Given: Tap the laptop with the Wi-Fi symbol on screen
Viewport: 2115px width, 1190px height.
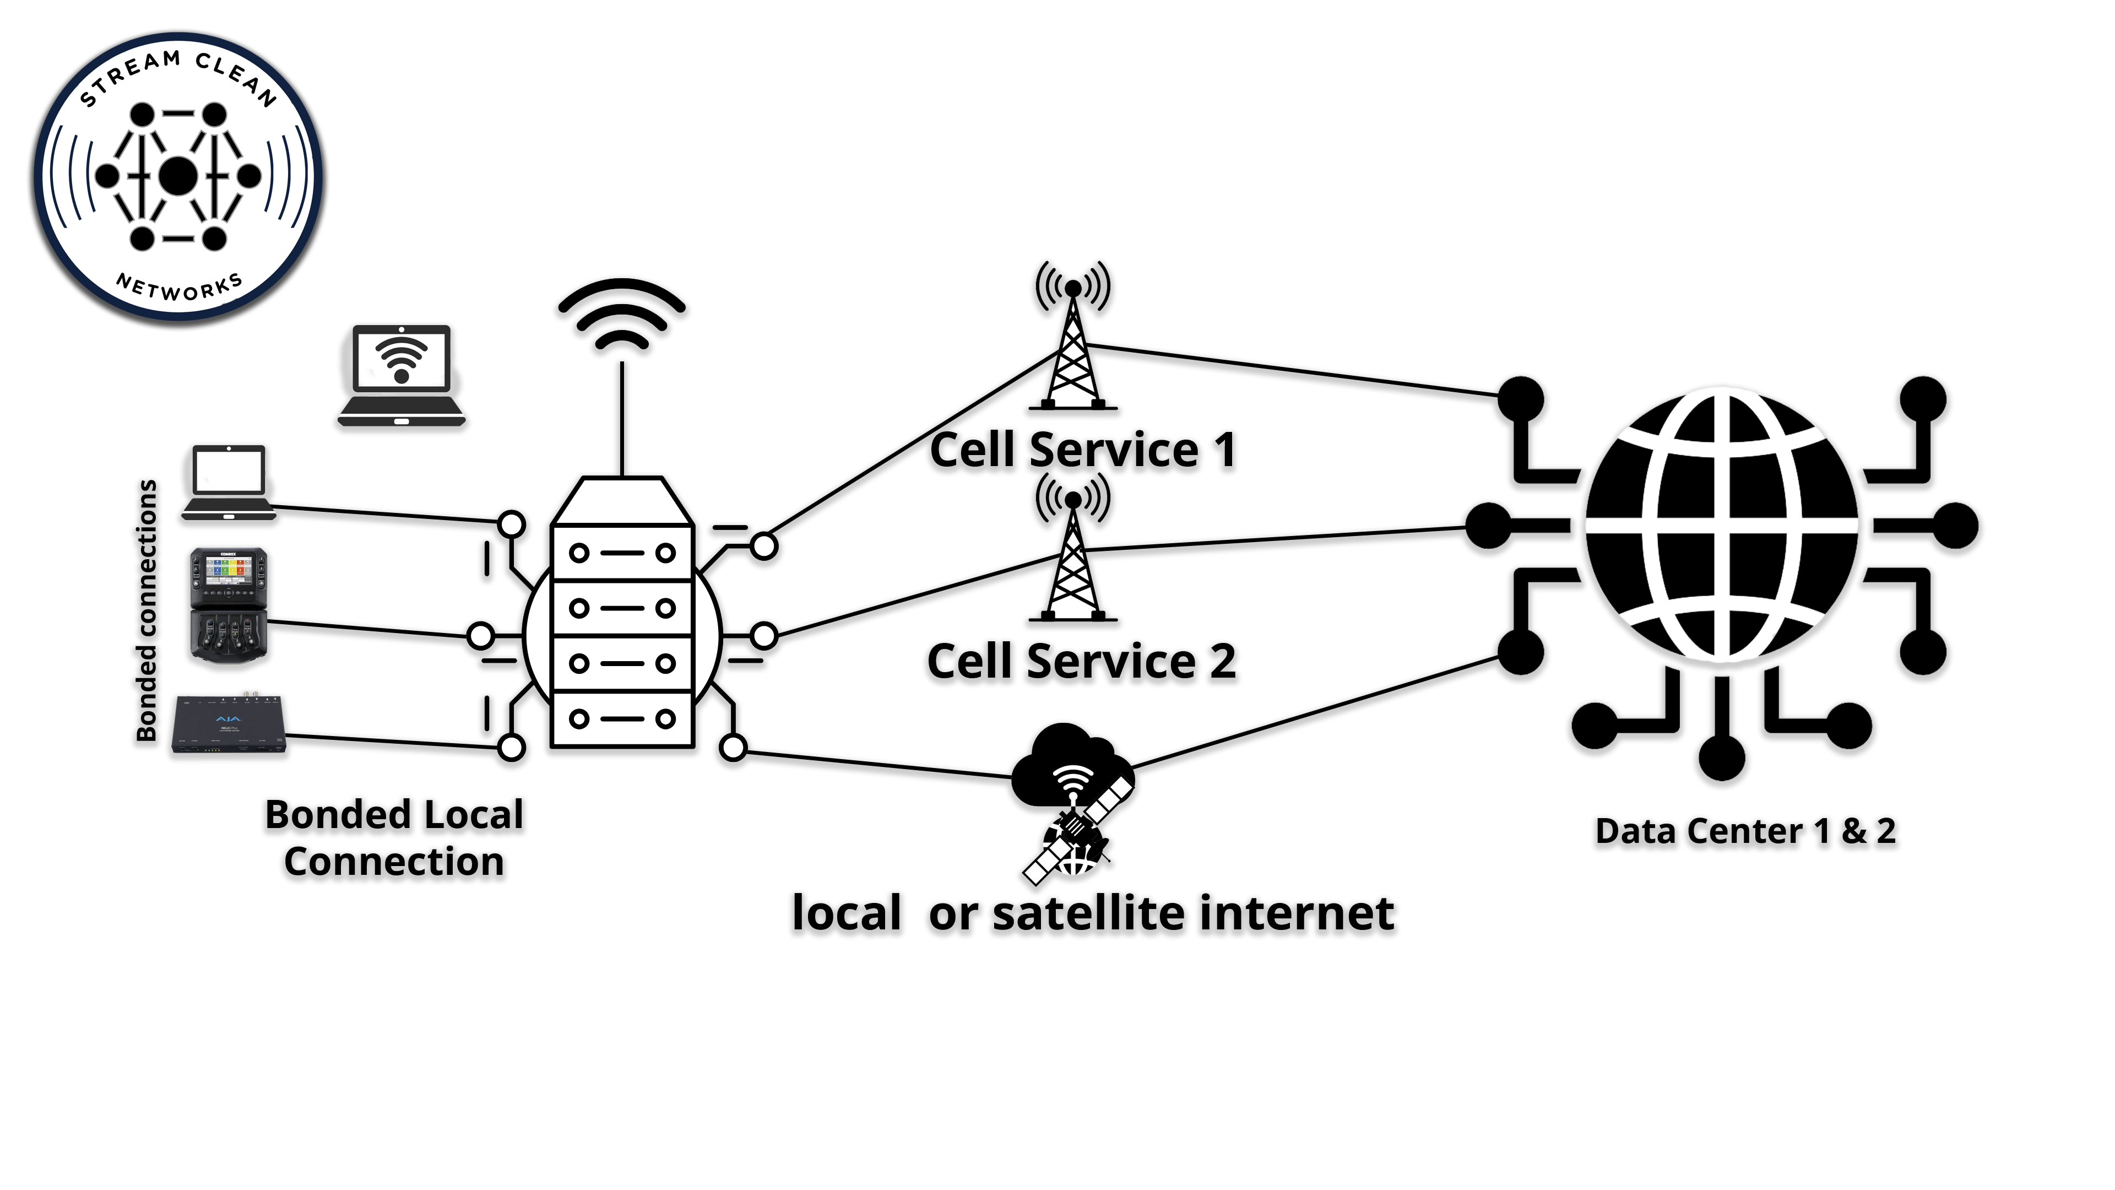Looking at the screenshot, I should pyautogui.click(x=402, y=375).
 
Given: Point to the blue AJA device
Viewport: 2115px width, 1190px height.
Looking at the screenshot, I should pyautogui.click(x=230, y=724).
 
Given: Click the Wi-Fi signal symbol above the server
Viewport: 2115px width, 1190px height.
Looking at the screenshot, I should pyautogui.click(x=621, y=316).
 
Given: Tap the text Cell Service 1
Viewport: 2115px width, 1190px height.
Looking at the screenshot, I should pyautogui.click(x=1082, y=450).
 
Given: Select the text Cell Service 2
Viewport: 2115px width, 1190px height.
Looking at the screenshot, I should pyautogui.click(x=1081, y=662).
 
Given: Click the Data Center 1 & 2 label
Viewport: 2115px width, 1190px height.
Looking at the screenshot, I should pyautogui.click(x=1745, y=831).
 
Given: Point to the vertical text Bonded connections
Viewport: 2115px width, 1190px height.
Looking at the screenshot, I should pyautogui.click(x=146, y=610).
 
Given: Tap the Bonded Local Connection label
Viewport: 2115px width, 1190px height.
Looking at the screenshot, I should pyautogui.click(x=394, y=837).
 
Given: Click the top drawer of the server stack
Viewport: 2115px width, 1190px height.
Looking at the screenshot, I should pyautogui.click(x=621, y=553).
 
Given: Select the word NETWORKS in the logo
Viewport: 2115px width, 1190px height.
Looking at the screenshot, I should pyautogui.click(x=179, y=288).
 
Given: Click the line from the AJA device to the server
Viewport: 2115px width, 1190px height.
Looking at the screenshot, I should pyautogui.click(x=394, y=742).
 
